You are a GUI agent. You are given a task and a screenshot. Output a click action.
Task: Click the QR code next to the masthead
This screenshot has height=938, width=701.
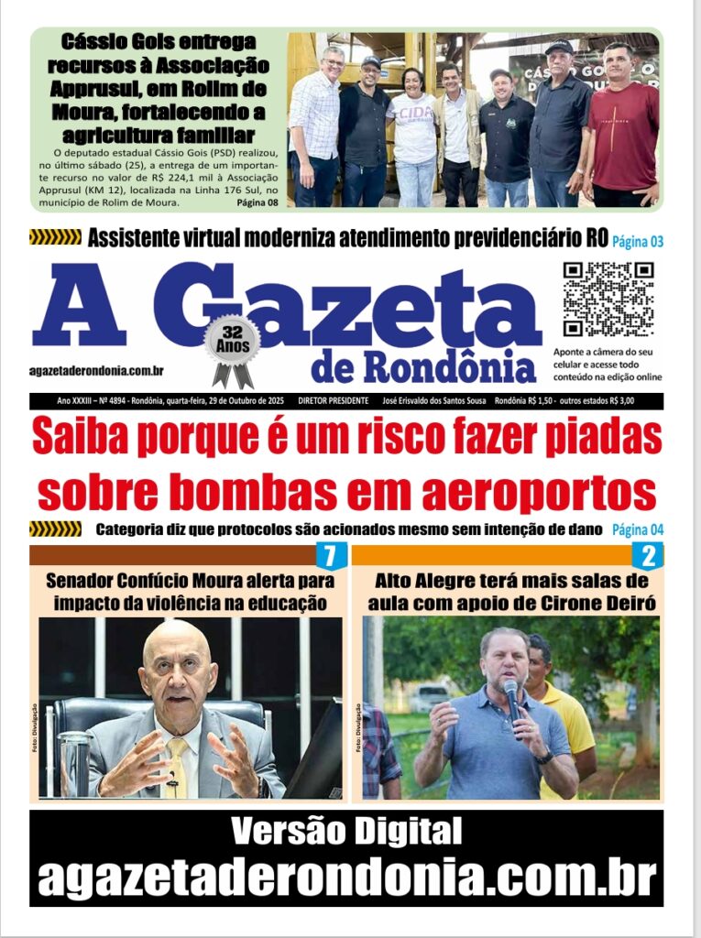(x=608, y=300)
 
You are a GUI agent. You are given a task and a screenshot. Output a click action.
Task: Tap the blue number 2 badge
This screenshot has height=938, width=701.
(x=648, y=556)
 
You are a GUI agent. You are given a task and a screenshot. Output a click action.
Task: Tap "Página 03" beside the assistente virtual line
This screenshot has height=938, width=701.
(x=637, y=242)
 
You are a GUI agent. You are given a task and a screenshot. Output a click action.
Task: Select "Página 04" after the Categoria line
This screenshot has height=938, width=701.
(x=637, y=529)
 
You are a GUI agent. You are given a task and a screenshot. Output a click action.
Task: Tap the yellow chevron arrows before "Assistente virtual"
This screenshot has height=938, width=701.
(x=55, y=238)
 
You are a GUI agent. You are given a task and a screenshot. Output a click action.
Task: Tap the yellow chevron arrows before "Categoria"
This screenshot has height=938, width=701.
(x=55, y=529)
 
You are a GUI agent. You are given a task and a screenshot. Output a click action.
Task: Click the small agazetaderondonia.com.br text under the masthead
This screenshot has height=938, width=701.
(x=95, y=371)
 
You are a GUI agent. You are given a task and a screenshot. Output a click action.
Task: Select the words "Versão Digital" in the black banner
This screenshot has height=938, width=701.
(x=346, y=832)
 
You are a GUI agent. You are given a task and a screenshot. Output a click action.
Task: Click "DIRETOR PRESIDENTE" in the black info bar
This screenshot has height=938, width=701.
(x=334, y=401)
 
